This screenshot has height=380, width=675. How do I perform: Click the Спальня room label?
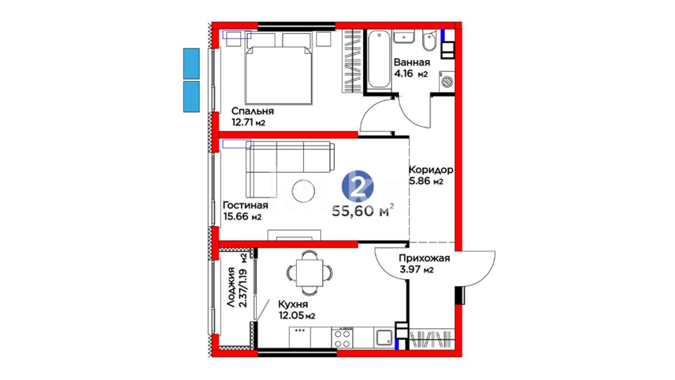(252, 111)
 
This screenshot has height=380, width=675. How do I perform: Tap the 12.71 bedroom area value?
(243, 122)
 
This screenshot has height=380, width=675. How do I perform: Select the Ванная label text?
(412, 62)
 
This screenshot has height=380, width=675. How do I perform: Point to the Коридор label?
(431, 170)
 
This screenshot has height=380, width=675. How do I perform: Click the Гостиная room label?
(245, 205)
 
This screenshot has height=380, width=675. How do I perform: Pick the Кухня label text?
(293, 304)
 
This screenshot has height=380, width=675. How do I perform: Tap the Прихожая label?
(424, 258)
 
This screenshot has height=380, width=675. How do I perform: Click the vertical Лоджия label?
(231, 287)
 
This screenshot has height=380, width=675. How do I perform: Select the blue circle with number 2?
(358, 186)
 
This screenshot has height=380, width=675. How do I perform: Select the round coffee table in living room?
(304, 191)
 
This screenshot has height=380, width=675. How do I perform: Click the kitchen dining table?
(309, 273)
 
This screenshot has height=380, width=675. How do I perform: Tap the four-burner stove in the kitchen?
(342, 337)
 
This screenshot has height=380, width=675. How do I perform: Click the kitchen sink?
(385, 338)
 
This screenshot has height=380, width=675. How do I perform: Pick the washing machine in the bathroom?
(446, 81)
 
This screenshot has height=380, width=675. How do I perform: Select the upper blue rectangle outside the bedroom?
(191, 64)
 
